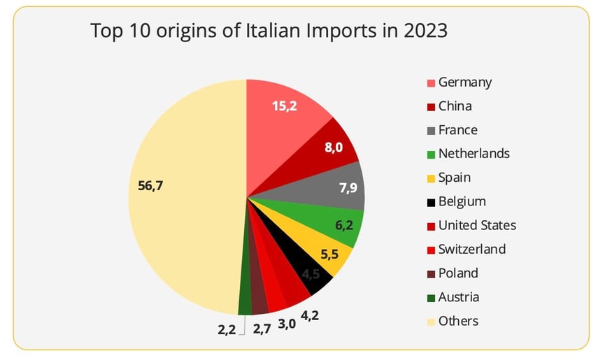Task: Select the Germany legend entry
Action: [x=464, y=82]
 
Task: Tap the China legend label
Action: [x=455, y=106]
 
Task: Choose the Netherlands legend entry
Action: [x=474, y=154]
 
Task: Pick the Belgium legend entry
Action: [x=462, y=202]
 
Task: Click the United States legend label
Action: [x=477, y=226]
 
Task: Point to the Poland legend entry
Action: [x=458, y=273]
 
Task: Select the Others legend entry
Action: [x=458, y=321]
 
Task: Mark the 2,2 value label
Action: [x=226, y=329]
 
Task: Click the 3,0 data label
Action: [x=287, y=324]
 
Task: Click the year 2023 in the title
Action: [x=422, y=31]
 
